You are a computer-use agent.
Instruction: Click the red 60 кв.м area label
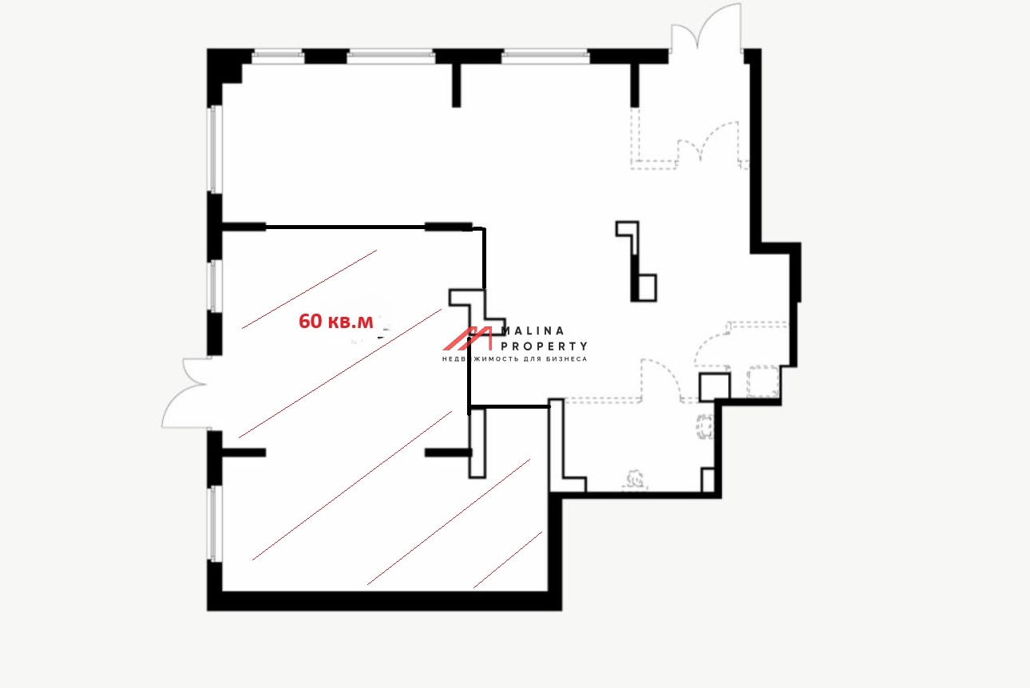pos(335,322)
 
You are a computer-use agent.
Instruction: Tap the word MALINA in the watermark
pos(533,331)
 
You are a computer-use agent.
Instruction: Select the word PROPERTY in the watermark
pos(544,346)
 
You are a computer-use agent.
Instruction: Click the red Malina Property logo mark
pos(468,338)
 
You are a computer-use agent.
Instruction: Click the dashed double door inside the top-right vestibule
pos(708,143)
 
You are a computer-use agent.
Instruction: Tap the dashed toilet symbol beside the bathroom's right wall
pos(704,426)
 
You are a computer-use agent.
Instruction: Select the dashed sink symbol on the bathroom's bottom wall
pos(635,480)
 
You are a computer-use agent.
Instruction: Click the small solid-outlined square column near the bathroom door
pos(715,387)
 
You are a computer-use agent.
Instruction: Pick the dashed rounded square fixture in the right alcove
pos(763,381)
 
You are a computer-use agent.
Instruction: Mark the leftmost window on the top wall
pos(278,57)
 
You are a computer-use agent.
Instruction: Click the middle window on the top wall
pos(390,57)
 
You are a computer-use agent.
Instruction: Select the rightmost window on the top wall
pos(545,57)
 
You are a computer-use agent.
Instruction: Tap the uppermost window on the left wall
pos(216,149)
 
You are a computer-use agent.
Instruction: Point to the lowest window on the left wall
pos(216,524)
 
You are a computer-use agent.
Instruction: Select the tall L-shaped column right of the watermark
pos(637,261)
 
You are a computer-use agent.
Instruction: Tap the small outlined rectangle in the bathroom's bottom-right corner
pos(707,480)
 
